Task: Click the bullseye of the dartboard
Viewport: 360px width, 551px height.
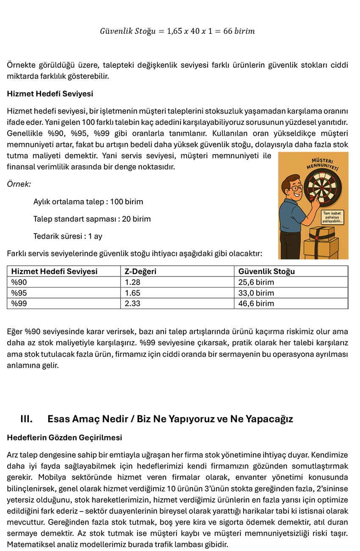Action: [321, 187]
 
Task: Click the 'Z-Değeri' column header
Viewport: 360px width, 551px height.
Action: [140, 271]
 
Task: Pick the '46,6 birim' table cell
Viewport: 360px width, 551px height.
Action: [256, 303]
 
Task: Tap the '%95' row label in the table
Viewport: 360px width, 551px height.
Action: [18, 293]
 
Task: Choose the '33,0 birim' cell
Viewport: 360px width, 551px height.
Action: [256, 293]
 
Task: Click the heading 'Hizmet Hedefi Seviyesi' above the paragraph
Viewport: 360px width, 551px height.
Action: [50, 94]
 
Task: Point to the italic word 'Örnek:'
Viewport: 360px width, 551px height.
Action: [19, 184]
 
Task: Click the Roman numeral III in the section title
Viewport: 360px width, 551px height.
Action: [26, 419]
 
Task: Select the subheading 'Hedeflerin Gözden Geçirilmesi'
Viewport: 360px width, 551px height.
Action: [64, 437]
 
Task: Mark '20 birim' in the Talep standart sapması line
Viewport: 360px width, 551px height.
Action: [136, 219]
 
